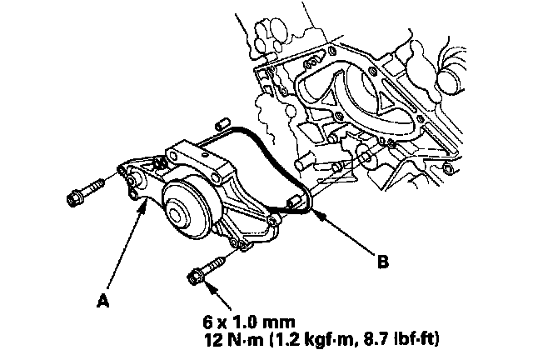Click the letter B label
[x=382, y=262]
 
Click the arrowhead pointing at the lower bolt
[x=209, y=283]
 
